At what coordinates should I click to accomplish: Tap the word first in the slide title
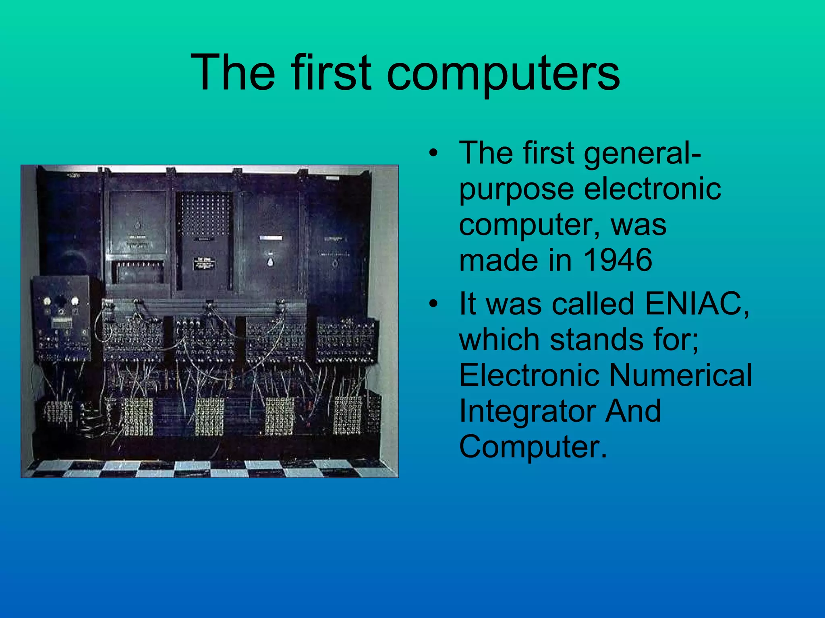tap(330, 72)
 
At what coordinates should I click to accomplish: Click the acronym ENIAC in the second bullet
tap(697, 303)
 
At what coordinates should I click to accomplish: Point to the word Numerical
tap(680, 375)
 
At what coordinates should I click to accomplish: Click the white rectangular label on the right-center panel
tap(271, 238)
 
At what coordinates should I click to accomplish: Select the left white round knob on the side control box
tap(47, 301)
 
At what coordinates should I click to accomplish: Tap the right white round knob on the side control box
tap(75, 301)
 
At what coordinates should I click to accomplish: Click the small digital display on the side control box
tap(62, 322)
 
